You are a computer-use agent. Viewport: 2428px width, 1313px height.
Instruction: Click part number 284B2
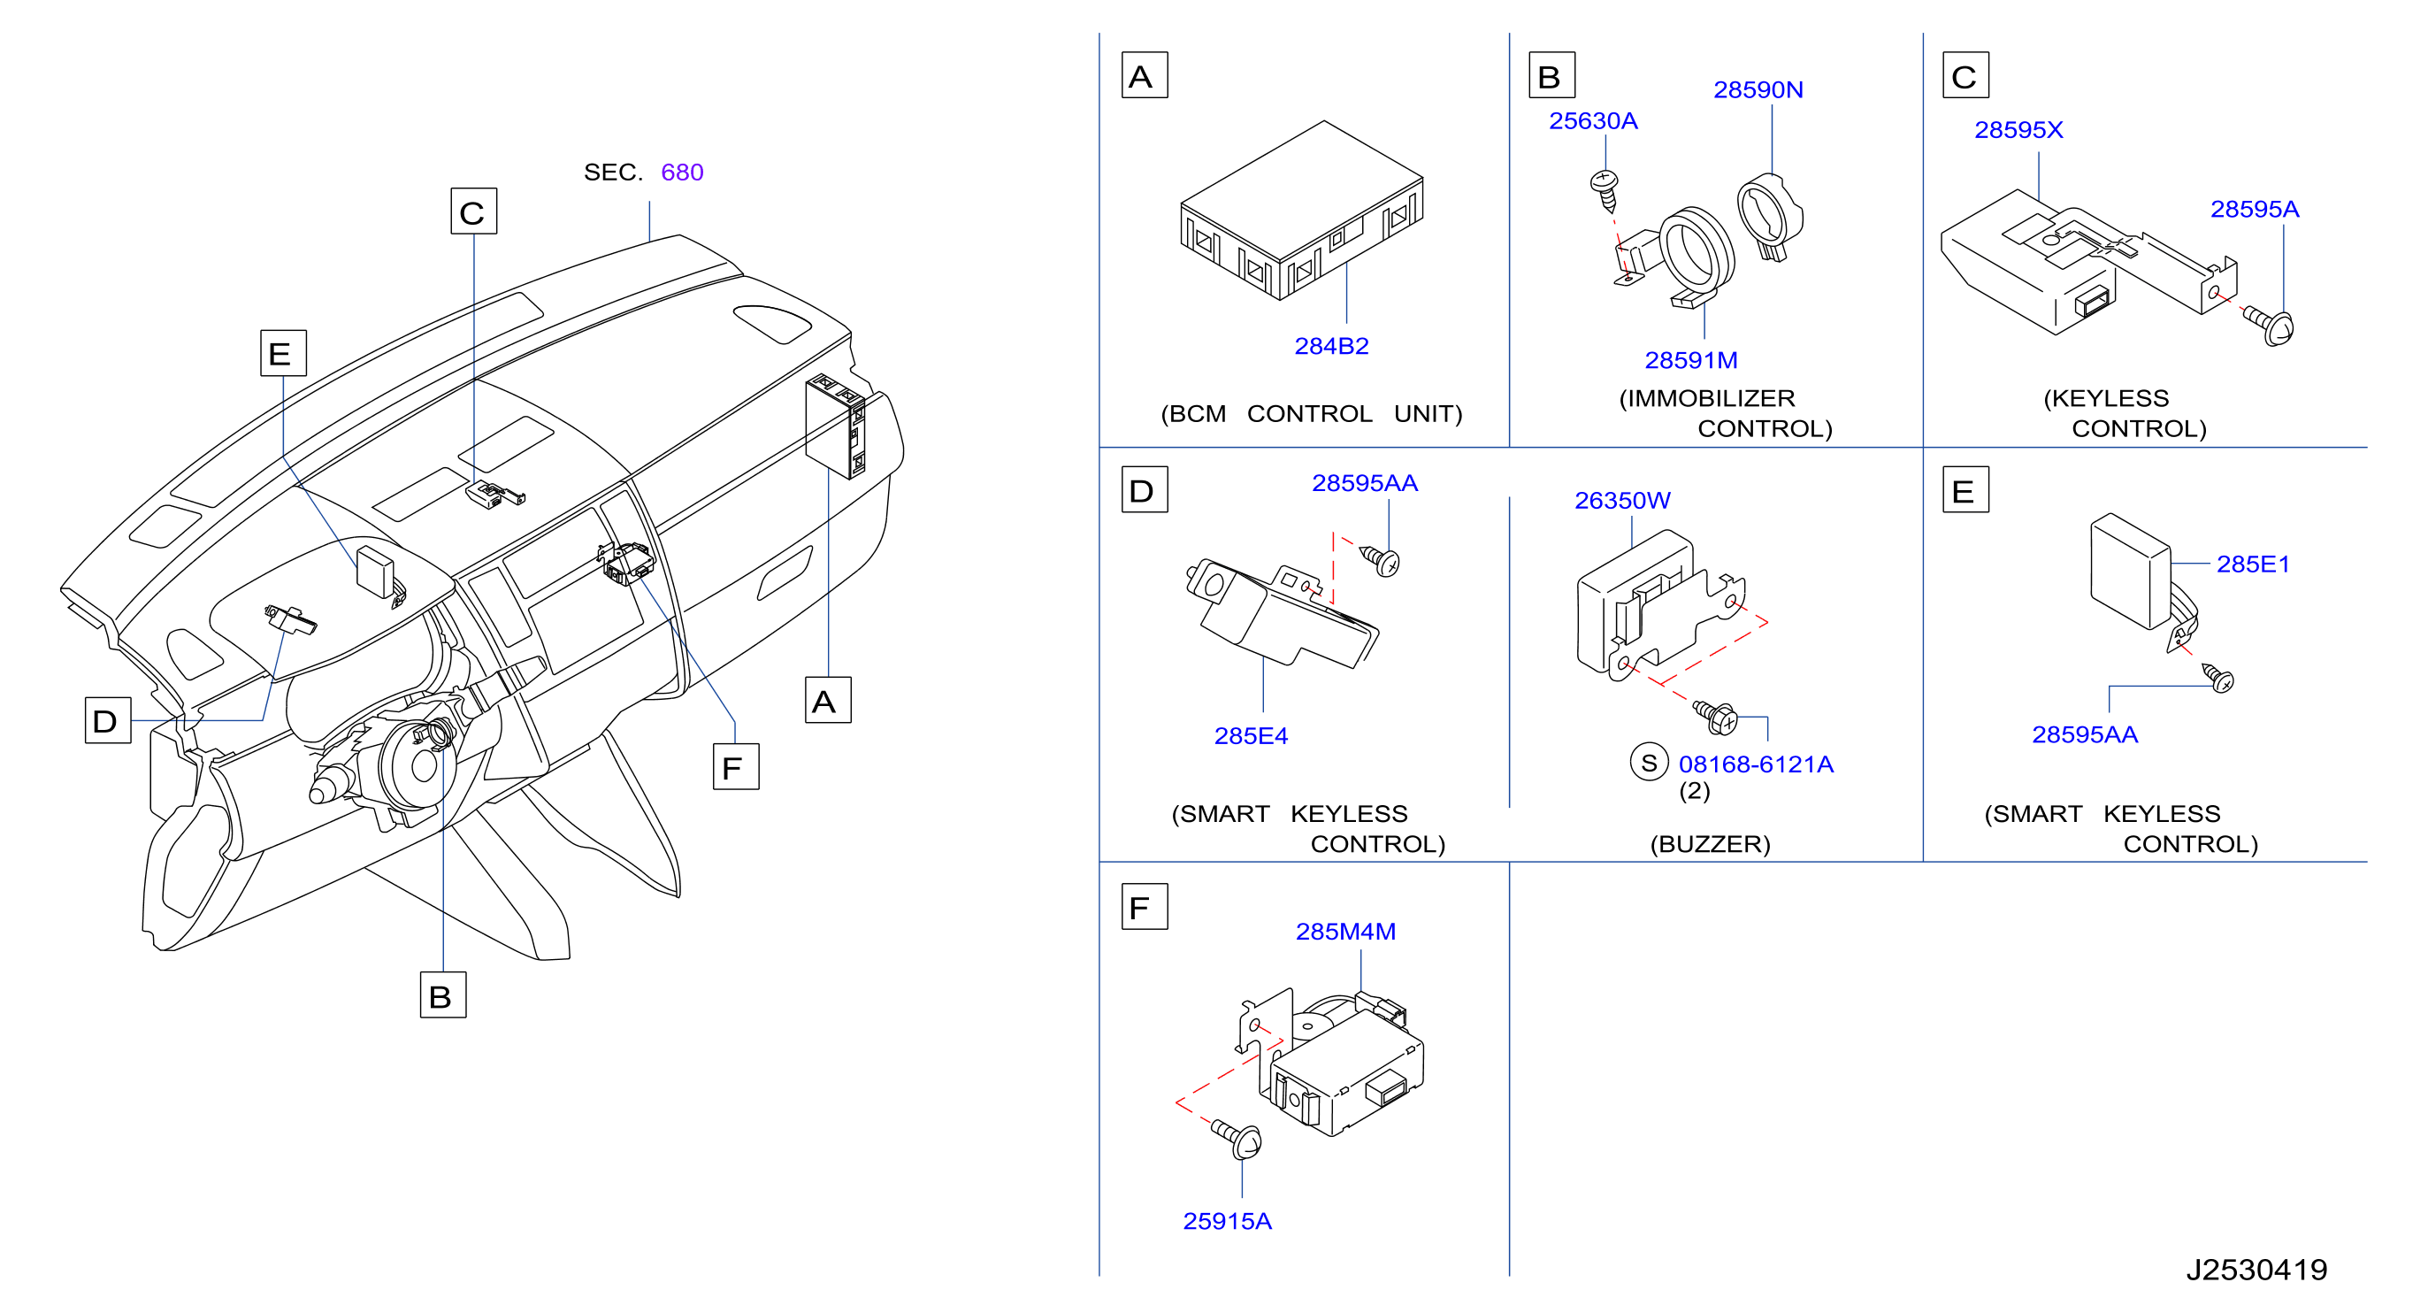click(1331, 346)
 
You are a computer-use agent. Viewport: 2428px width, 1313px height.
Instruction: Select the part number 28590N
click(1758, 89)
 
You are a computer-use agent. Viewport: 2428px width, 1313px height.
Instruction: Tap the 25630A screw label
click(1593, 120)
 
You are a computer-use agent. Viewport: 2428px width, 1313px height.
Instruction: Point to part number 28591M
click(1691, 360)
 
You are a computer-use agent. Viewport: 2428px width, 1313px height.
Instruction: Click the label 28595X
click(2018, 129)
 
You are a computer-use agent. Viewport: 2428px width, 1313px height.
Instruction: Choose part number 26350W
click(1622, 501)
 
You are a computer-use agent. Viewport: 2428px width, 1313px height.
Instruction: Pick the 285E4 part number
click(1251, 735)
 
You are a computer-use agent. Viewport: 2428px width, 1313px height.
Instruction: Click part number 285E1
click(2253, 564)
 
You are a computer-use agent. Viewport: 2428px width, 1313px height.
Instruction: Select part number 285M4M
click(1345, 932)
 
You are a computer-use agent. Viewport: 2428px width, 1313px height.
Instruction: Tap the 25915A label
click(1227, 1221)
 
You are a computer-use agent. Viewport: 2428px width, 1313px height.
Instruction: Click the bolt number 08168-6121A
click(1755, 764)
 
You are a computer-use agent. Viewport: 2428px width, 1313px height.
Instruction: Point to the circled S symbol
click(1649, 763)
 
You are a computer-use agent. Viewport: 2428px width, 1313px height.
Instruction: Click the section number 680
click(681, 172)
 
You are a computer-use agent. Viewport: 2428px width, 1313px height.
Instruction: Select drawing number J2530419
click(2256, 1270)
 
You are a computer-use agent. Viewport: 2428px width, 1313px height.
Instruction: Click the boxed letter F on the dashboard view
click(735, 766)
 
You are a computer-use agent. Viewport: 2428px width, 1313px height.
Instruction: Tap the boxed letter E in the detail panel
click(1965, 489)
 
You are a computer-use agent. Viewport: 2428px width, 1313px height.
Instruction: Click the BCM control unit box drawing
click(1302, 211)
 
